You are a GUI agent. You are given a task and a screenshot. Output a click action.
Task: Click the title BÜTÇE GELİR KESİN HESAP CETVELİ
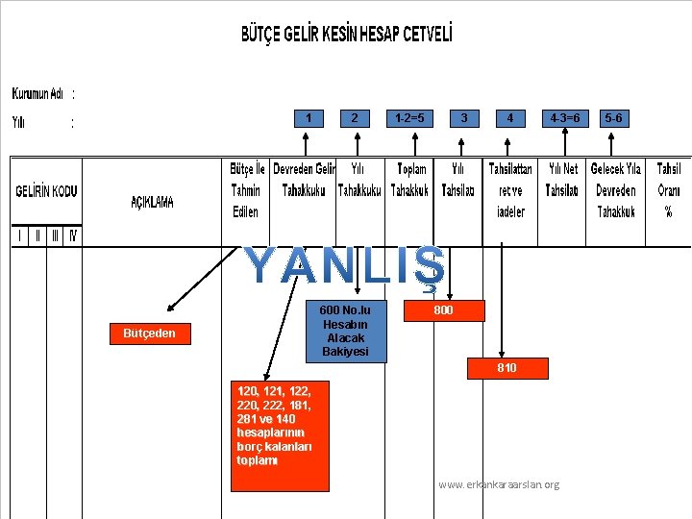pyautogui.click(x=346, y=36)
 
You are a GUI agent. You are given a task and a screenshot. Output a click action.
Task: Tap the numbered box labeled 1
pyautogui.click(x=308, y=118)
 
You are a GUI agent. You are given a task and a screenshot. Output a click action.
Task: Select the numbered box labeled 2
pyautogui.click(x=356, y=118)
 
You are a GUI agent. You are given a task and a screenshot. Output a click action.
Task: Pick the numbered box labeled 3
pyautogui.click(x=464, y=118)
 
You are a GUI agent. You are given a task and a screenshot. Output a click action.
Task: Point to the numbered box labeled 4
pyautogui.click(x=510, y=118)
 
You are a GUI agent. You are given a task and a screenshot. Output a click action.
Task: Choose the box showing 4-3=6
pyautogui.click(x=564, y=118)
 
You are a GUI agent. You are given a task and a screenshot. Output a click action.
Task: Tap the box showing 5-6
pyautogui.click(x=613, y=118)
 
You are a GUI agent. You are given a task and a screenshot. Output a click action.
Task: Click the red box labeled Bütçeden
pyautogui.click(x=149, y=334)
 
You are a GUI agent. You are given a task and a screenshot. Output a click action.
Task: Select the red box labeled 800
pyautogui.click(x=443, y=310)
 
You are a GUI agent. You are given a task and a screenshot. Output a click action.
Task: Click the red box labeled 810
pyautogui.click(x=507, y=368)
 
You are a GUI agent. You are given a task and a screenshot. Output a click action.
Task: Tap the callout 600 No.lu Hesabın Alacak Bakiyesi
pyautogui.click(x=345, y=332)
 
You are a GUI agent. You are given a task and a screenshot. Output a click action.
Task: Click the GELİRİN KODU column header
pyautogui.click(x=46, y=191)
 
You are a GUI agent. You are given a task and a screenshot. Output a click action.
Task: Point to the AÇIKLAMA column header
pyautogui.click(x=153, y=202)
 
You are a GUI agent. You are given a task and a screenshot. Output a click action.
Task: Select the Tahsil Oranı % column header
pyautogui.click(x=668, y=189)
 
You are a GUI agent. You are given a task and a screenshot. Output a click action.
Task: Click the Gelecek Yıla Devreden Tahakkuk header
pyautogui.click(x=616, y=189)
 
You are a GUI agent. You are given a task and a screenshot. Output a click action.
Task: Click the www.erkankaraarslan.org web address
pyautogui.click(x=498, y=484)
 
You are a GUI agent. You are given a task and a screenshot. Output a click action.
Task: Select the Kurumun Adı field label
pyautogui.click(x=38, y=94)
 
